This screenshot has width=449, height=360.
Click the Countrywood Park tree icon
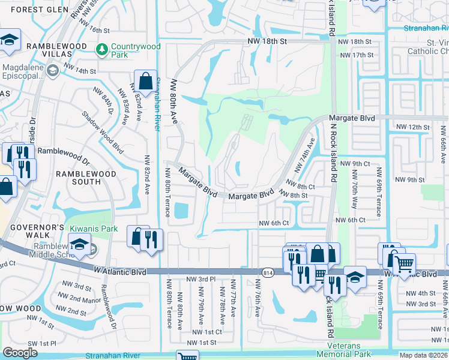(103, 47)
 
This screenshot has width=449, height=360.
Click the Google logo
(20, 353)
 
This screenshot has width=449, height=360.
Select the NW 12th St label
(412, 127)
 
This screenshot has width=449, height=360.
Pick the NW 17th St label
(356, 55)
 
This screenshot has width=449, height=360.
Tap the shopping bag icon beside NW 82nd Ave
(145, 80)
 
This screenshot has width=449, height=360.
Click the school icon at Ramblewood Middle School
(79, 244)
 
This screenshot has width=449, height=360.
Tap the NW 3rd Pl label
(201, 279)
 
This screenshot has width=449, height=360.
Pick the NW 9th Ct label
(354, 163)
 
